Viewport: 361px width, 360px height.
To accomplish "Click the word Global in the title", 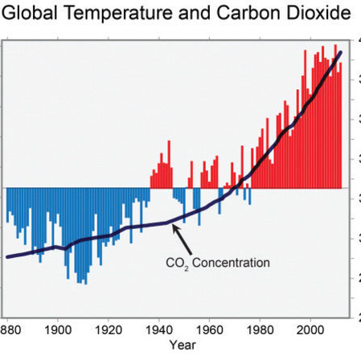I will point(31,14).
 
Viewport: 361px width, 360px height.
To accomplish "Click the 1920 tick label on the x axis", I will point(108,329).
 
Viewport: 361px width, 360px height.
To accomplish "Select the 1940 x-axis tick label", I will point(158,329).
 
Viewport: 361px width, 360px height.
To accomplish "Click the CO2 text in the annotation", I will point(177,262).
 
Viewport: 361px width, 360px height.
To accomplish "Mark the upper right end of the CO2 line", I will point(340,53).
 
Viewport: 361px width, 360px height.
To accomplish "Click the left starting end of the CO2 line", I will point(7,256).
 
